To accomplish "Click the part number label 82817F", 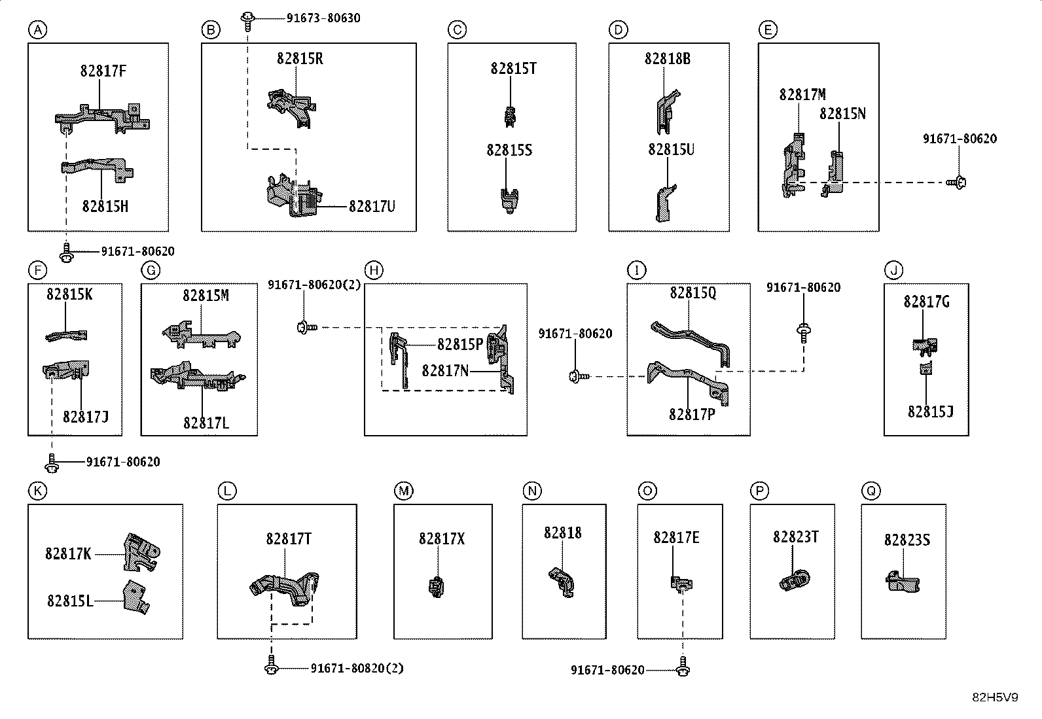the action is [x=103, y=71].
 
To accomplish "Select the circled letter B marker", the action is [x=211, y=30].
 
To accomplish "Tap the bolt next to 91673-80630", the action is [x=247, y=21].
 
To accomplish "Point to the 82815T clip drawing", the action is [x=511, y=116].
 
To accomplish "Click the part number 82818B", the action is [x=667, y=59].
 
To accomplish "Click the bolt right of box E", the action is [x=956, y=183].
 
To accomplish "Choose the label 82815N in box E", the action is [x=842, y=113].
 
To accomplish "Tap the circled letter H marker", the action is [x=374, y=270].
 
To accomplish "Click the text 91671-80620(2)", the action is [x=314, y=285].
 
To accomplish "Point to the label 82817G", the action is [x=927, y=302].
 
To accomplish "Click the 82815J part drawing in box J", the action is [x=925, y=368].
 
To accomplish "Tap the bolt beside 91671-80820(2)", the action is [x=272, y=665].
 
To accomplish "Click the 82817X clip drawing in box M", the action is [x=436, y=586].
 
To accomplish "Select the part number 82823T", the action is [x=795, y=536].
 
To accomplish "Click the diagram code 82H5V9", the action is [x=995, y=697].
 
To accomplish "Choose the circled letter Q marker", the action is [x=871, y=491].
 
